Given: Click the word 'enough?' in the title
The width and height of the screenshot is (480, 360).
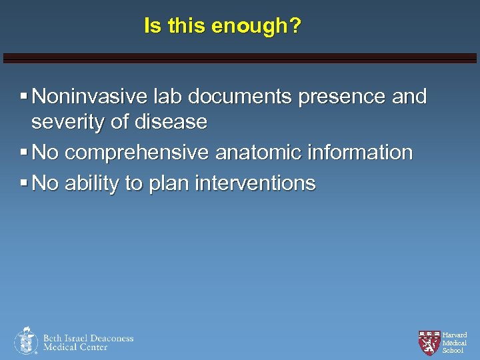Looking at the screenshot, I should click(x=257, y=27).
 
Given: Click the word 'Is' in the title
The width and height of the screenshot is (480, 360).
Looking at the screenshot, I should click(x=153, y=27).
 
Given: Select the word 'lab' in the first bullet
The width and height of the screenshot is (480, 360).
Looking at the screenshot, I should click(x=163, y=97).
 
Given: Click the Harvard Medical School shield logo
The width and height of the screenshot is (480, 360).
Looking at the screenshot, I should click(x=429, y=343).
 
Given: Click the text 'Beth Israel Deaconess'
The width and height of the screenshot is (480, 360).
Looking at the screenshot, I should click(x=89, y=338).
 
